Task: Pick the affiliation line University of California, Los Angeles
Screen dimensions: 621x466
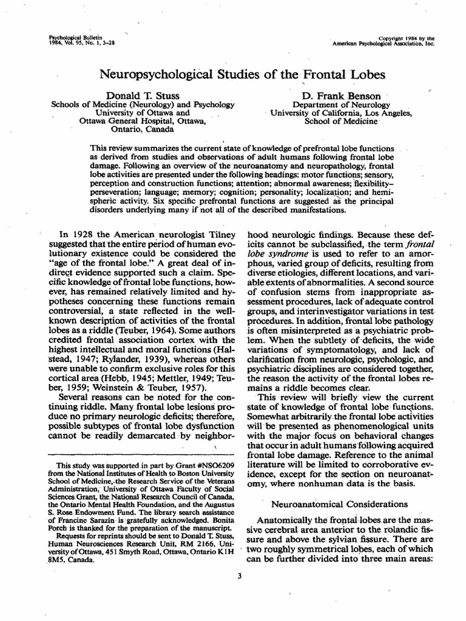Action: (341, 113)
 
